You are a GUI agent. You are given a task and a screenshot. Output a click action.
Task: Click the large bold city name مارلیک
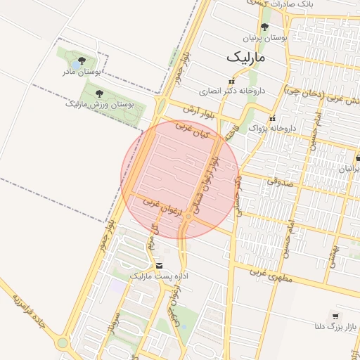[x=247, y=56]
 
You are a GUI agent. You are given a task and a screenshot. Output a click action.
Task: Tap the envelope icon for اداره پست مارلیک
[x=160, y=265]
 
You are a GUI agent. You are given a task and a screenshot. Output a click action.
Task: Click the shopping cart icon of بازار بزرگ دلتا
[x=335, y=316]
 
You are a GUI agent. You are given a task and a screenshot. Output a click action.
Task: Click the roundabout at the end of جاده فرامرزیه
[x=63, y=343]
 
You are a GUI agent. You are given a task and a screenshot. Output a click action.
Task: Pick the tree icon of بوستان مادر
[x=82, y=60]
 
